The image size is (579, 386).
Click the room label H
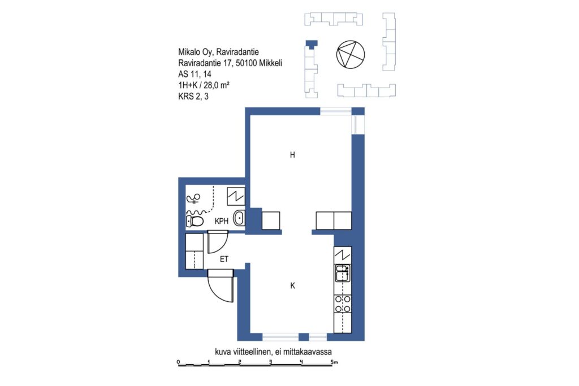292,155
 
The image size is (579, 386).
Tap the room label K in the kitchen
292,285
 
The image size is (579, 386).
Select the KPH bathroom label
222,222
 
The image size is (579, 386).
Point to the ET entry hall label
224,259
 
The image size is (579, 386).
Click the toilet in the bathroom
195,222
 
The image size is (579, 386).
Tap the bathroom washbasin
239,218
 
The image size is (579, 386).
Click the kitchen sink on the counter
342,273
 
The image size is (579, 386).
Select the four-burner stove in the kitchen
343,304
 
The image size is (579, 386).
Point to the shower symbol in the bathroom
193,199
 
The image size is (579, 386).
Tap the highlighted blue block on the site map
312,44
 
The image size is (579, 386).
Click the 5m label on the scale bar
334,362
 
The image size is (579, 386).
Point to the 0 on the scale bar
178,362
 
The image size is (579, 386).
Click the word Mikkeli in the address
271,63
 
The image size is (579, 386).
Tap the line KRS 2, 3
193,96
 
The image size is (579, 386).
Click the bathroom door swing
218,242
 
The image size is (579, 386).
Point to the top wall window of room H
335,111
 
